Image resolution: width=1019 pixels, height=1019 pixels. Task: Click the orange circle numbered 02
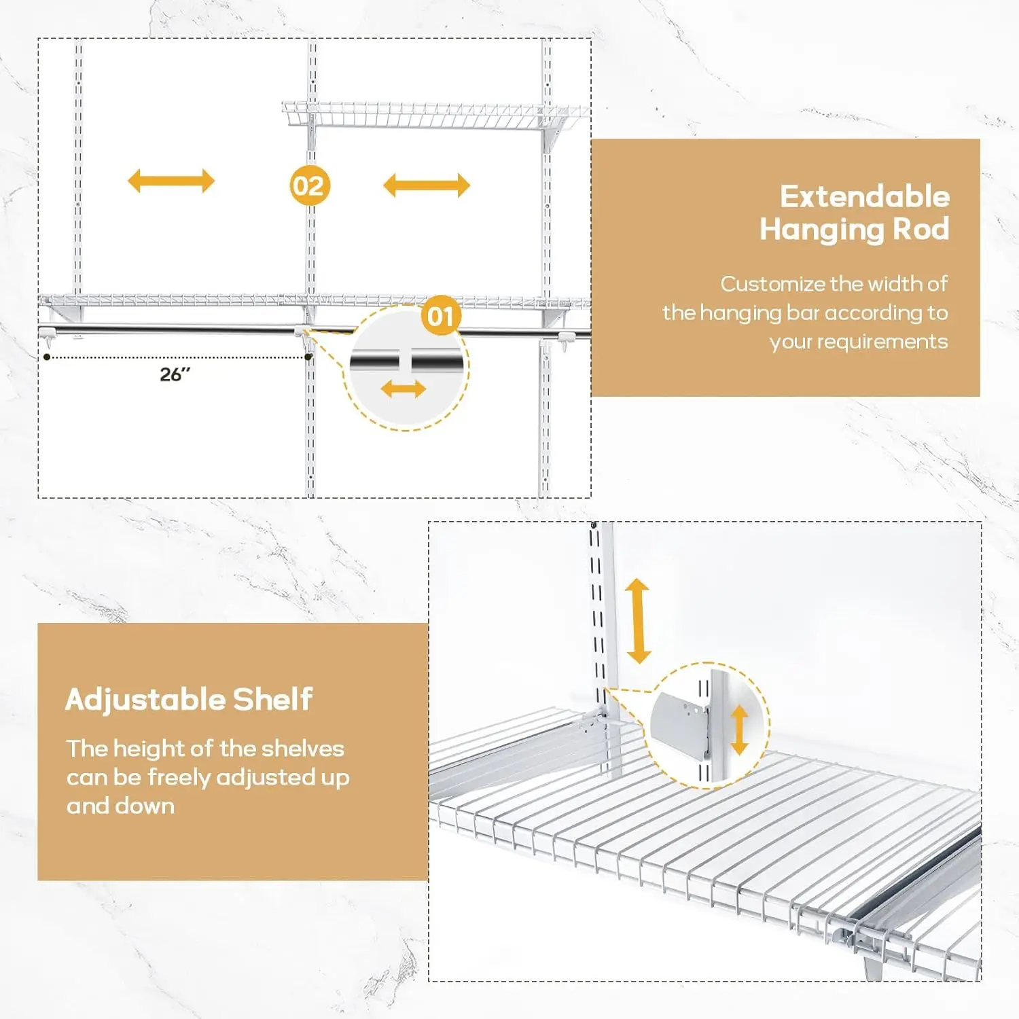pos(310,185)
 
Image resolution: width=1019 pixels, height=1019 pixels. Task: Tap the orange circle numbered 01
pos(441,316)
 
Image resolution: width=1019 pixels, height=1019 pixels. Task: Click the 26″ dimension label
pos(175,374)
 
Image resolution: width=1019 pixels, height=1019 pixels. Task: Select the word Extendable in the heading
pos(864,197)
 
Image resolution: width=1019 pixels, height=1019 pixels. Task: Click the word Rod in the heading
pos(920,229)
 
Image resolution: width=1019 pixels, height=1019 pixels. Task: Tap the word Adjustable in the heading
pos(144,700)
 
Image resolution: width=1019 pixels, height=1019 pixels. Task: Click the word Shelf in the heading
pos(272,699)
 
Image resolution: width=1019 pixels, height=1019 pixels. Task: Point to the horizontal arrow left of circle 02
pos(171,181)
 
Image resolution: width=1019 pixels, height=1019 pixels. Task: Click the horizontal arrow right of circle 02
pos(427,185)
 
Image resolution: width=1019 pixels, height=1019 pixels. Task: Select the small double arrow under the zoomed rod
pos(403,389)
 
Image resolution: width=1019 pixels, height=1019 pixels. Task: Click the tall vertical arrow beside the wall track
pos(638,620)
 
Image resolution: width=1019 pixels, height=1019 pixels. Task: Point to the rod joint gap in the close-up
pos(405,361)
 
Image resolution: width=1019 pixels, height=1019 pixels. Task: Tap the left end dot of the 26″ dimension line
pos(47,357)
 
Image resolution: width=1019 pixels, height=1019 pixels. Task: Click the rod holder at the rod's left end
pos(47,333)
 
